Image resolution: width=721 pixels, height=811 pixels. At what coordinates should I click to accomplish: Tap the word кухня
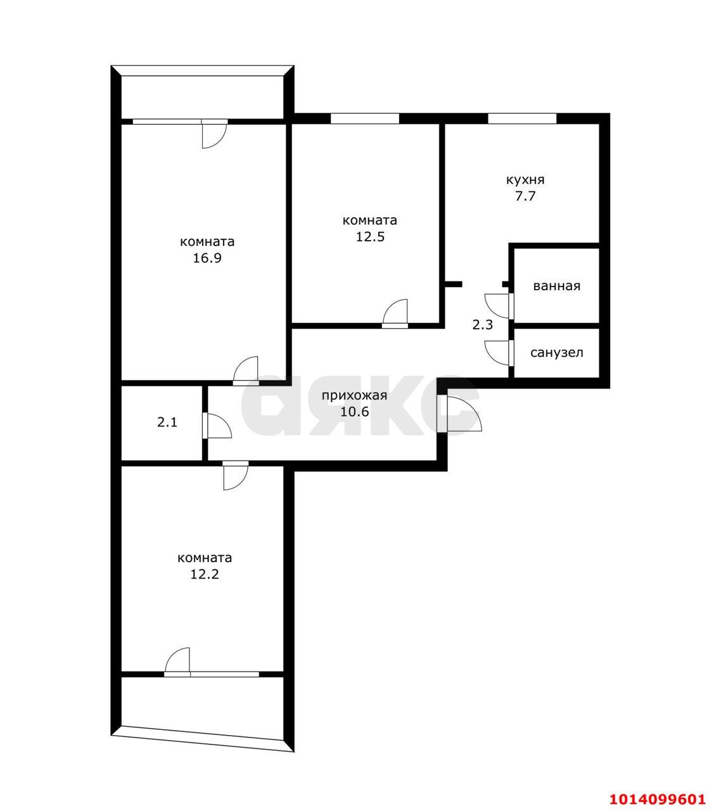pyautogui.click(x=525, y=179)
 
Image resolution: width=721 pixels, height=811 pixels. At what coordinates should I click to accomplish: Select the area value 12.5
pyautogui.click(x=369, y=237)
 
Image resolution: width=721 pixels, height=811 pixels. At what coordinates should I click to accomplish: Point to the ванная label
pyautogui.click(x=556, y=286)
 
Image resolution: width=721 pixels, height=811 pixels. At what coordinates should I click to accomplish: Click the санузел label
pyautogui.click(x=556, y=353)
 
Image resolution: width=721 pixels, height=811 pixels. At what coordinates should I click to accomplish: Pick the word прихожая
pyautogui.click(x=354, y=396)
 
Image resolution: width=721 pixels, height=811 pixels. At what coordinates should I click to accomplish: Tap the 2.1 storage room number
pyautogui.click(x=167, y=422)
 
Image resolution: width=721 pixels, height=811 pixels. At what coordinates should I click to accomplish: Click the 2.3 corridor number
pyautogui.click(x=483, y=325)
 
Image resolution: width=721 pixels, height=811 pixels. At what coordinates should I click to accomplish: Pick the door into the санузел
pyautogui.click(x=498, y=352)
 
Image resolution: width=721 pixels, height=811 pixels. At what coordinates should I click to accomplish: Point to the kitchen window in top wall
pyautogui.click(x=522, y=118)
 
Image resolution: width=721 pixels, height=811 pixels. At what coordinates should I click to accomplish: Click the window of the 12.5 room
pyautogui.click(x=364, y=118)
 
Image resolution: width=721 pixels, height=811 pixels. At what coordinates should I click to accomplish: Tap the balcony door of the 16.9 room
pyautogui.click(x=214, y=134)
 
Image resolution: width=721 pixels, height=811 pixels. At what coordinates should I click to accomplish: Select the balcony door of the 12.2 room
pyautogui.click(x=178, y=662)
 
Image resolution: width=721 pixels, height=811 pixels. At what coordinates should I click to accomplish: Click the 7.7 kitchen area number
pyautogui.click(x=525, y=196)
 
